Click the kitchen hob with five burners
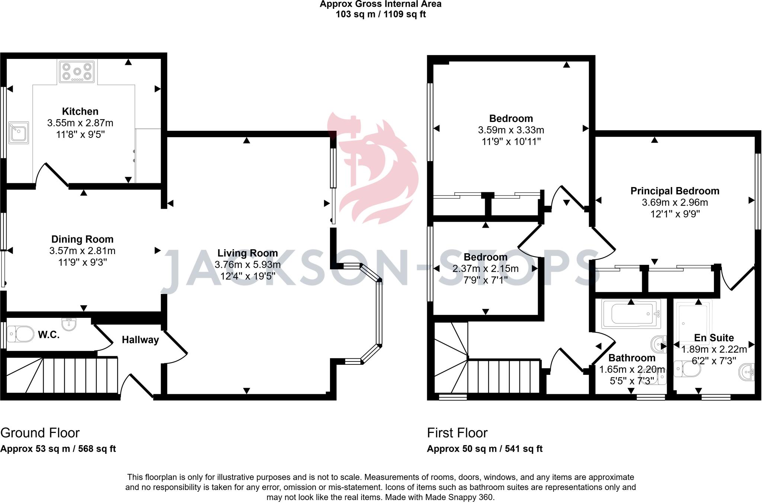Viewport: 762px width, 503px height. [x=77, y=72]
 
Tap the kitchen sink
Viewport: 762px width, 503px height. [x=19, y=133]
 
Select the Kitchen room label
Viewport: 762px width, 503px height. [x=80, y=111]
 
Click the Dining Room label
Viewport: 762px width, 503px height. [x=82, y=239]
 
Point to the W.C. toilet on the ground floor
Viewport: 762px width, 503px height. [x=21, y=334]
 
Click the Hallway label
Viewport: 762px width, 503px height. [x=140, y=340]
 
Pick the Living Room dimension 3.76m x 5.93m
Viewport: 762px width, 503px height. [x=247, y=265]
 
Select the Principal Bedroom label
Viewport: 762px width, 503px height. [x=675, y=191]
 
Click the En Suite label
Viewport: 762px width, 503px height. [x=714, y=338]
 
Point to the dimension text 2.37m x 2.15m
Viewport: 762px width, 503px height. [x=485, y=269]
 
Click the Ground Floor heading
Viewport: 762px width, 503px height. [x=40, y=433]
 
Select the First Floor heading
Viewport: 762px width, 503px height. [x=457, y=433]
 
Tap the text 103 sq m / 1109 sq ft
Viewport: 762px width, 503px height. [x=381, y=15]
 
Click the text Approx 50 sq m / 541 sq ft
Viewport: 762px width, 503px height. [x=484, y=449]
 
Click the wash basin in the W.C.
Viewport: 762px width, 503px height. [x=69, y=324]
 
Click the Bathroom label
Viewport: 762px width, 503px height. [x=631, y=358]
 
